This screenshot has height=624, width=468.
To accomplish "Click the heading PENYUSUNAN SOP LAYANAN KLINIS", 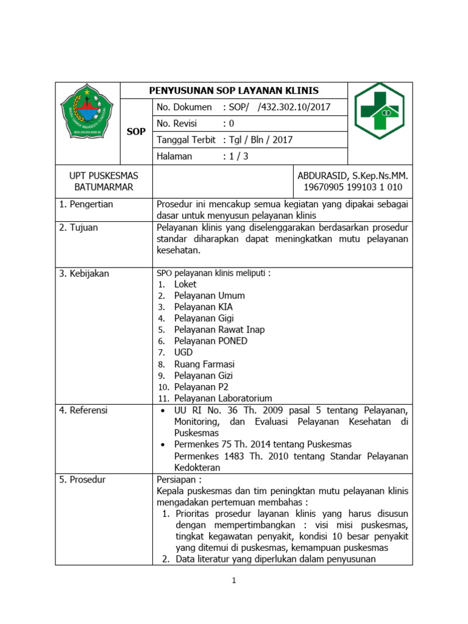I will pos(234,91).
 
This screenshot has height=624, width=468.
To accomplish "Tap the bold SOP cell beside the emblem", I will pos(136,132).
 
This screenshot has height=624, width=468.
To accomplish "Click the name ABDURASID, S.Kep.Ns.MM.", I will pos(353,176).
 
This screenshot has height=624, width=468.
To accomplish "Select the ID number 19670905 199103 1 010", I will pos(353,187).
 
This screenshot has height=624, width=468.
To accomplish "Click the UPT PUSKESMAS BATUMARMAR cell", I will pos(103,182).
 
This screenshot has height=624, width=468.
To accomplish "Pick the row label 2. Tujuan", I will pos(79,227).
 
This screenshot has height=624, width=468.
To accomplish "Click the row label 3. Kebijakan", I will pos(84,274).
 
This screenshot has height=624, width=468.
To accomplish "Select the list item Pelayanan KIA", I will pos(203,307).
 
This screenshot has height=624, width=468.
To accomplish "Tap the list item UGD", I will pos(183,352).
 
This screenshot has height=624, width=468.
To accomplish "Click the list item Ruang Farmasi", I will pos(204,364).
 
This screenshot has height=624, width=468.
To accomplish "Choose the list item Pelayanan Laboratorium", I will pos(223,399).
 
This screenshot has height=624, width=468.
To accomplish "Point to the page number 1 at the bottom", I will pos(234,581).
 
